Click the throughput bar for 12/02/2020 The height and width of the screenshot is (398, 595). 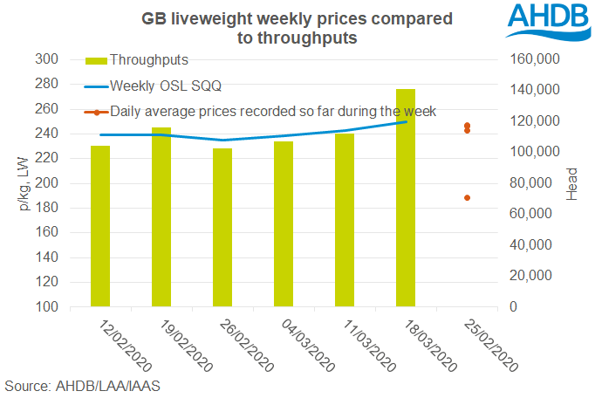click(100, 227)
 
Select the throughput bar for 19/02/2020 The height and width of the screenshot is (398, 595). click(161, 218)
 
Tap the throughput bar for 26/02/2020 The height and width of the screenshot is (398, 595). click(222, 228)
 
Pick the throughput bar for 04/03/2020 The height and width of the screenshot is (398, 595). click(284, 224)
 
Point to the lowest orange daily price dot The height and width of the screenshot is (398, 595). click(468, 198)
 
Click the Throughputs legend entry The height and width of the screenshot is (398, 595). click(148, 60)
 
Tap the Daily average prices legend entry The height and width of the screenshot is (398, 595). click(270, 111)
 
